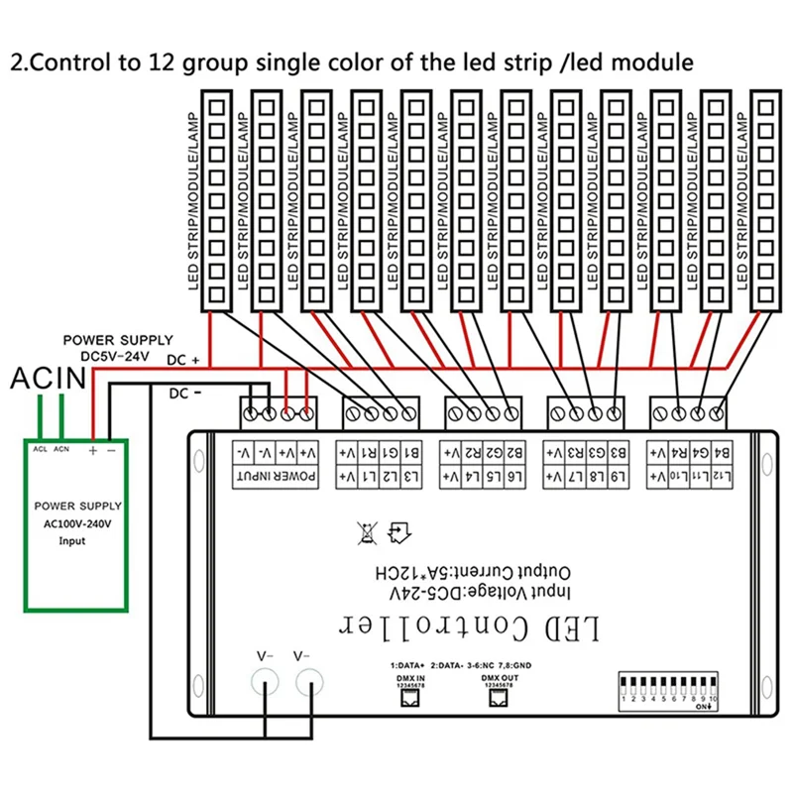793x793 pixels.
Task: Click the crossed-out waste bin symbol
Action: (x=366, y=533)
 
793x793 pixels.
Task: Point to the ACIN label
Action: (x=48, y=377)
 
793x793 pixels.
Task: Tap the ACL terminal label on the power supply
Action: (x=41, y=448)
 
